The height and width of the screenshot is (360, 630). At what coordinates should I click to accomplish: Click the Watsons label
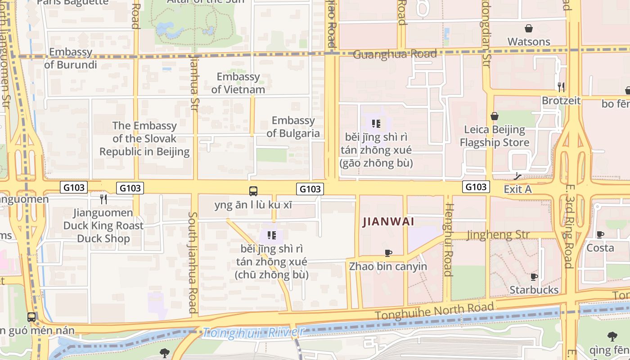(x=529, y=41)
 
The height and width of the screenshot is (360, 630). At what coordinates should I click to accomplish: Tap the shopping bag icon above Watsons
(x=529, y=28)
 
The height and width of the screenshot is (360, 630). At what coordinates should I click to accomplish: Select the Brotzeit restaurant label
(x=561, y=100)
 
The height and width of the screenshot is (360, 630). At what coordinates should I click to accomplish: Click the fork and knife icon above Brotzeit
(x=561, y=87)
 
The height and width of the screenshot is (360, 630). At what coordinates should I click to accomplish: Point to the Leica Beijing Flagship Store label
(x=495, y=136)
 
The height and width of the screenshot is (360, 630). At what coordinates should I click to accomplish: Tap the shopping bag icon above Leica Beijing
(x=495, y=116)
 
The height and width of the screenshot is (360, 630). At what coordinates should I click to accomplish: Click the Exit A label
(x=517, y=189)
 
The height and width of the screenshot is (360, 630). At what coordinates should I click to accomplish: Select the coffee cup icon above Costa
(x=600, y=234)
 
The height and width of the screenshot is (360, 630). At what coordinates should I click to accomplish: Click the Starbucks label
(x=534, y=290)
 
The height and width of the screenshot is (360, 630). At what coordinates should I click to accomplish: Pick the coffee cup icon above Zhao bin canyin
(x=388, y=253)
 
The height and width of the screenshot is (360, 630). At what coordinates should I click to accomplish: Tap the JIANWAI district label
(x=388, y=221)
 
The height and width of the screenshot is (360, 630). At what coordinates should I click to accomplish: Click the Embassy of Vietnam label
(x=238, y=83)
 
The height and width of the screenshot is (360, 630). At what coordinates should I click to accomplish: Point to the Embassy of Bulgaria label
(x=293, y=126)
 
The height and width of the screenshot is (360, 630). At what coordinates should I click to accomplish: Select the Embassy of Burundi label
(x=71, y=58)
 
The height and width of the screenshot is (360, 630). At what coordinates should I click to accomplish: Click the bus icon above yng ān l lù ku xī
(x=253, y=191)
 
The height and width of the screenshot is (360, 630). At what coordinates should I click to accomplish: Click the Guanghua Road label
(x=395, y=54)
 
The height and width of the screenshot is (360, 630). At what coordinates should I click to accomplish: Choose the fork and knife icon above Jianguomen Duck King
(x=103, y=198)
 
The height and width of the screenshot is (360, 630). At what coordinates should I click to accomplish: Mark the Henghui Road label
(x=448, y=239)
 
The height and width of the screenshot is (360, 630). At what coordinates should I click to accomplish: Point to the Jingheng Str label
(x=498, y=234)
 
